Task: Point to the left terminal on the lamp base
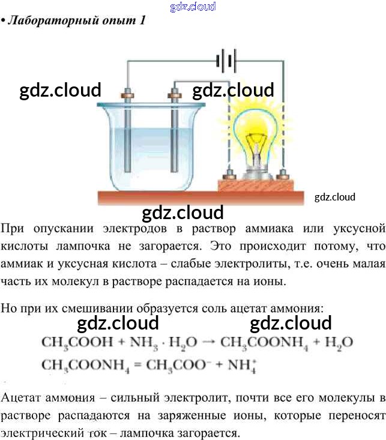[229, 176]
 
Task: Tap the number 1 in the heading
[142, 20]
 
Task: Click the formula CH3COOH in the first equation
[77, 342]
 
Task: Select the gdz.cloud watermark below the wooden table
[182, 212]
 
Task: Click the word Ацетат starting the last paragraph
[21, 398]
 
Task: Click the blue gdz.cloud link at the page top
[193, 7]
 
